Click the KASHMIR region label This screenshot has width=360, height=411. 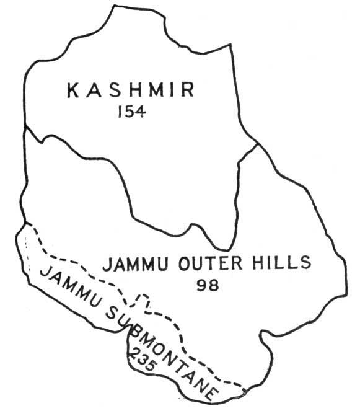coord(130,92)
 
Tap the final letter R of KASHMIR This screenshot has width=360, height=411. coord(188,91)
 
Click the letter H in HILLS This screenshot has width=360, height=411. coord(259,263)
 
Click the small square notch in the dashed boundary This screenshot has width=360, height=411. coord(142,302)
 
